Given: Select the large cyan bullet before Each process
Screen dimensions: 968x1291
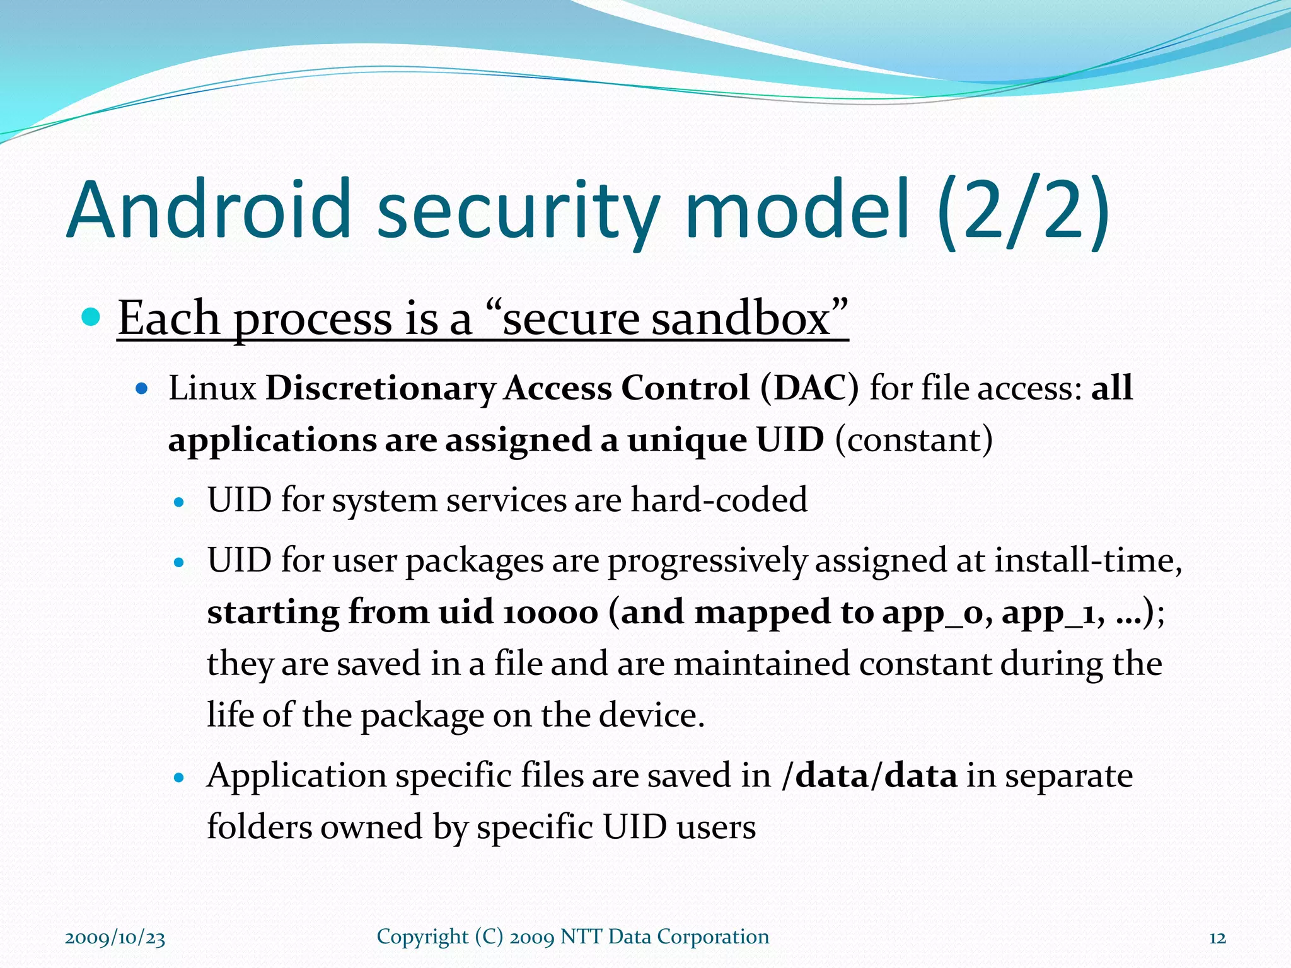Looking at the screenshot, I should pyautogui.click(x=91, y=317).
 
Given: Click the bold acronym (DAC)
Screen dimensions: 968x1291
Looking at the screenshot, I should pyautogui.click(x=809, y=388).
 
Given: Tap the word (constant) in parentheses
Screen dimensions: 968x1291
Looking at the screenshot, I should pyautogui.click(x=913, y=440).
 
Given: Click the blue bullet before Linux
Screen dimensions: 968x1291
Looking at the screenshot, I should pyautogui.click(x=142, y=388).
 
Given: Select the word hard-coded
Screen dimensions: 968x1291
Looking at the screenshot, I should pyautogui.click(x=719, y=500).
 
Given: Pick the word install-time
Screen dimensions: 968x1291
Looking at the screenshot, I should pyautogui.click(x=1087, y=560).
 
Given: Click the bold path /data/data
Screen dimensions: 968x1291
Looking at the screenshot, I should pyautogui.click(x=869, y=775).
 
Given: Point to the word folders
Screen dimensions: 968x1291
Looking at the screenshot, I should pyautogui.click(x=258, y=827).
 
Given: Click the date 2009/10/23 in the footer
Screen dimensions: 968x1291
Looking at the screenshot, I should pyautogui.click(x=115, y=938).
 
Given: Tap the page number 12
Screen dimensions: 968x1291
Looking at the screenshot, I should pyautogui.click(x=1217, y=938).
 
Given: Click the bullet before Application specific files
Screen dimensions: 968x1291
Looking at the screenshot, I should pyautogui.click(x=180, y=778).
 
